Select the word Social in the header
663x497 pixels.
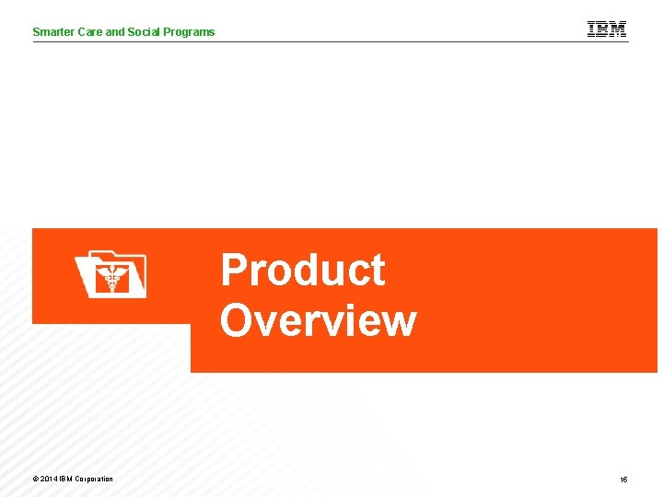click(x=145, y=32)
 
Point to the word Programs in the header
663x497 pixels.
click(x=190, y=32)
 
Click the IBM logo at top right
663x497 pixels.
click(x=607, y=29)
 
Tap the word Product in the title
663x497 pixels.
click(x=302, y=272)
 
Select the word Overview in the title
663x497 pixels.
click(x=318, y=321)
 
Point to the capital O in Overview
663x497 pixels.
click(x=236, y=321)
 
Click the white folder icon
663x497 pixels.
click(x=110, y=274)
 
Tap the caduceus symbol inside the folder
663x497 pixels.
click(x=113, y=279)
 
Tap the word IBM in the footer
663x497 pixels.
click(x=65, y=479)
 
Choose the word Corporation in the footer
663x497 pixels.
click(x=93, y=479)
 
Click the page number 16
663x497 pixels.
click(x=623, y=480)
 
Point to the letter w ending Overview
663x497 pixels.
click(x=399, y=321)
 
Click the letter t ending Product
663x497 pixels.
click(x=377, y=272)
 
